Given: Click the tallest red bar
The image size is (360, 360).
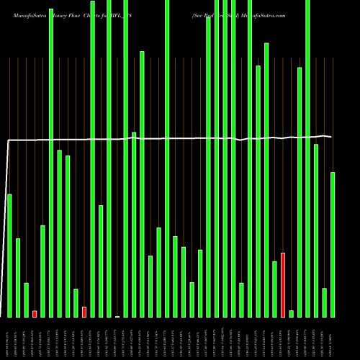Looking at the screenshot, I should click(x=283, y=284).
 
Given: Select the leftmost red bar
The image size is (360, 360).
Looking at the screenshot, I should click(x=35, y=313).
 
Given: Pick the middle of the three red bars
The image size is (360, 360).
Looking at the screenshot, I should click(x=84, y=312).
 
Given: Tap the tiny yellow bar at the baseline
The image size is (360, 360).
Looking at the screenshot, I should click(x=117, y=316).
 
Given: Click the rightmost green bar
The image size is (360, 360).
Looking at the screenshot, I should click(x=333, y=244).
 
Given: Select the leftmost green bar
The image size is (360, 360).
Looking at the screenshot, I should click(x=9, y=256).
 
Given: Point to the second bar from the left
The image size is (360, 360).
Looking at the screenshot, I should click(x=18, y=277).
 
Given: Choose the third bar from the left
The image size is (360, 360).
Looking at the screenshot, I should click(x=26, y=300).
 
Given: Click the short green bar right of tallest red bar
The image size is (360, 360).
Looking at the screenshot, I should click(x=291, y=313).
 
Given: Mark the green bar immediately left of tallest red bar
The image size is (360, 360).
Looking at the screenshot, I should click(x=274, y=289).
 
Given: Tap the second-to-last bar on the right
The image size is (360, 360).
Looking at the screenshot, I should click(x=324, y=302).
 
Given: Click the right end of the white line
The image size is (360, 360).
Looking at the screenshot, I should click(x=332, y=137).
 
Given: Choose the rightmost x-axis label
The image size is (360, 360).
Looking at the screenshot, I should click(x=333, y=338).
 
